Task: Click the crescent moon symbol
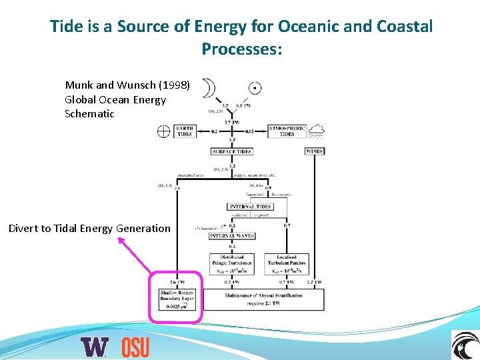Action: pos(211,89)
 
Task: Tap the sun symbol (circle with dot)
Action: pos(254,88)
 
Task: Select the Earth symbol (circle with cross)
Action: pos(164,131)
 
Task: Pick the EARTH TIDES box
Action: pos(184,131)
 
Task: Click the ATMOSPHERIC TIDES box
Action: pos(287,131)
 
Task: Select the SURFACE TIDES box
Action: pos(231,151)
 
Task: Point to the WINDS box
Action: pos(314,151)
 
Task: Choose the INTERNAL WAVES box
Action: pos(231,236)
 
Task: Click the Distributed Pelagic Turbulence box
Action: pos(231,263)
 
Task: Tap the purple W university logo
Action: pos(94,347)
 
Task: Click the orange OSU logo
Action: pos(135,347)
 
